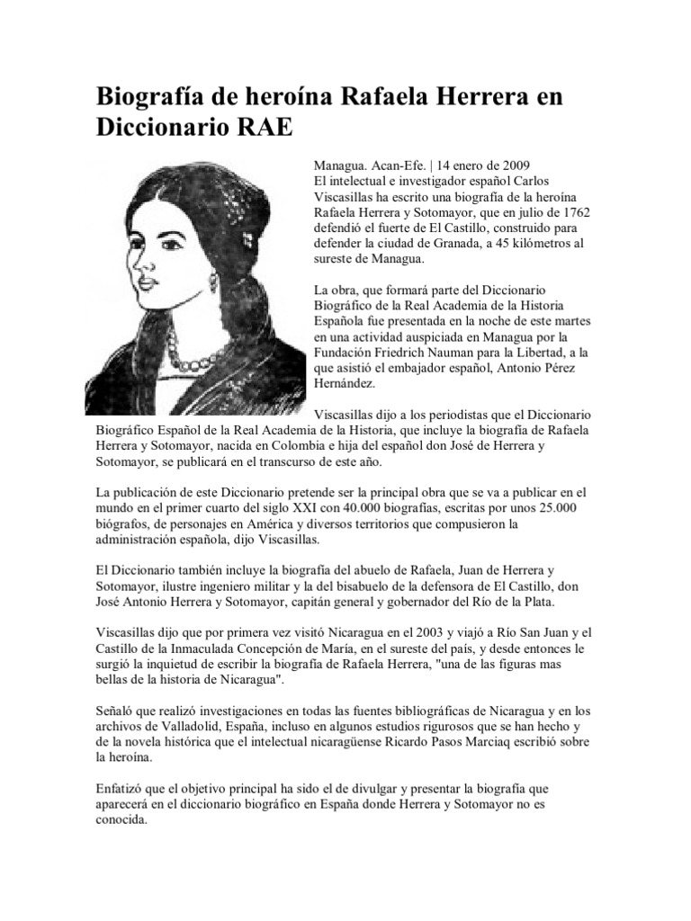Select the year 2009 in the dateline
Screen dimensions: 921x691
(x=516, y=165)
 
